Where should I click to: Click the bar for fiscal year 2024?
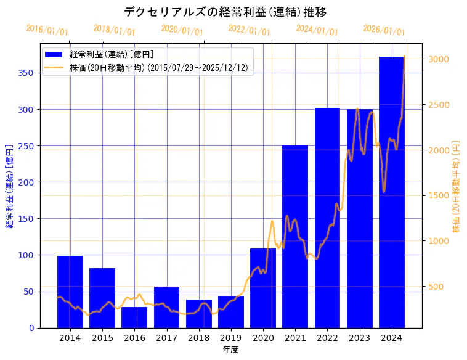pyautogui.click(x=392, y=192)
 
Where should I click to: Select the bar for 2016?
pyautogui.click(x=134, y=317)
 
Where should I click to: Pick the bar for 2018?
pyautogui.click(x=199, y=314)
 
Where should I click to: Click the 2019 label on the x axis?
pyautogui.click(x=231, y=338)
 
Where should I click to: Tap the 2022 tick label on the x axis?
pyautogui.click(x=327, y=338)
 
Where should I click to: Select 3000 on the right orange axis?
pyautogui.click(x=440, y=59)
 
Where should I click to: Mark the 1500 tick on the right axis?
pyautogui.click(x=440, y=195)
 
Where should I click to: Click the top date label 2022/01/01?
pyautogui.click(x=249, y=30)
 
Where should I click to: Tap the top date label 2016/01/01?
pyautogui.click(x=47, y=30)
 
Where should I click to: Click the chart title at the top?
pyautogui.click(x=225, y=12)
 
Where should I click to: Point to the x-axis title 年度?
pyautogui.click(x=230, y=350)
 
